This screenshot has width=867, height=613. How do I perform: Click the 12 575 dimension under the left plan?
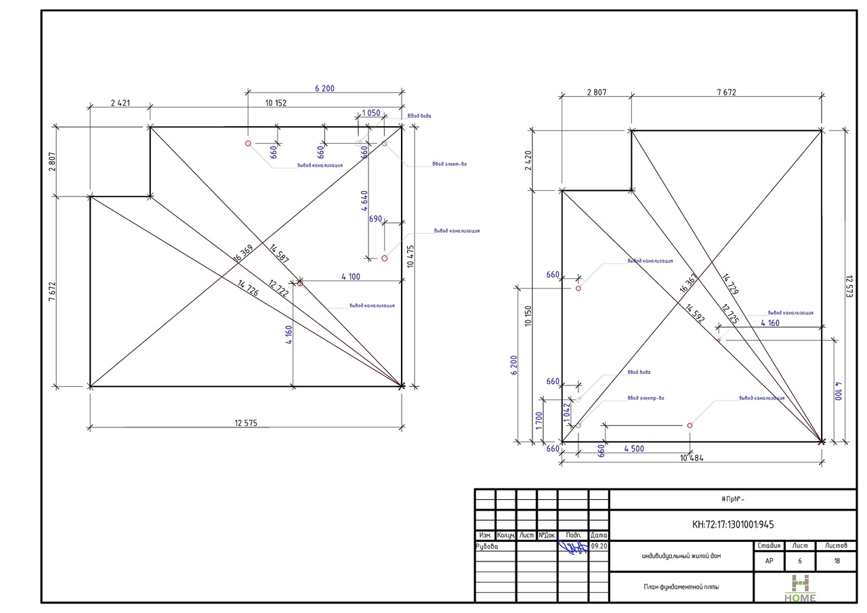(x=246, y=423)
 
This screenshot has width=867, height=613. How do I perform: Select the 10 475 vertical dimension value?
(x=410, y=257)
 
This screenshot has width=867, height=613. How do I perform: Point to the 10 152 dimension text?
(x=276, y=104)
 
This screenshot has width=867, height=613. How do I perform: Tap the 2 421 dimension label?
(x=120, y=104)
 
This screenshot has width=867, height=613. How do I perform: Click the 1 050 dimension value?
(x=371, y=113)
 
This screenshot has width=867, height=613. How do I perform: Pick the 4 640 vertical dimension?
(x=364, y=204)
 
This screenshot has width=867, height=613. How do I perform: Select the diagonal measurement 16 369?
(x=242, y=253)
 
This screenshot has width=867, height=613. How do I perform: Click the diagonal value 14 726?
(x=249, y=287)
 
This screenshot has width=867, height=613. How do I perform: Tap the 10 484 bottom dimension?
(x=691, y=459)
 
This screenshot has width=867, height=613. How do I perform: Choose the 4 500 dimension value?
(x=635, y=448)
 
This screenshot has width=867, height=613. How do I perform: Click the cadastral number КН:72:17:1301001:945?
(x=733, y=524)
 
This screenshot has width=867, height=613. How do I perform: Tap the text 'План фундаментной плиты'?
(x=681, y=587)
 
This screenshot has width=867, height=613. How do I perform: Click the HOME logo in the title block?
(x=801, y=588)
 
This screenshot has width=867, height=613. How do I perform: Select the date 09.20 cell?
(x=599, y=546)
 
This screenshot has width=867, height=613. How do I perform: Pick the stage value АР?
(x=769, y=561)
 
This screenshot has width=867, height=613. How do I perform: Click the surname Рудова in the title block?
(x=487, y=546)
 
